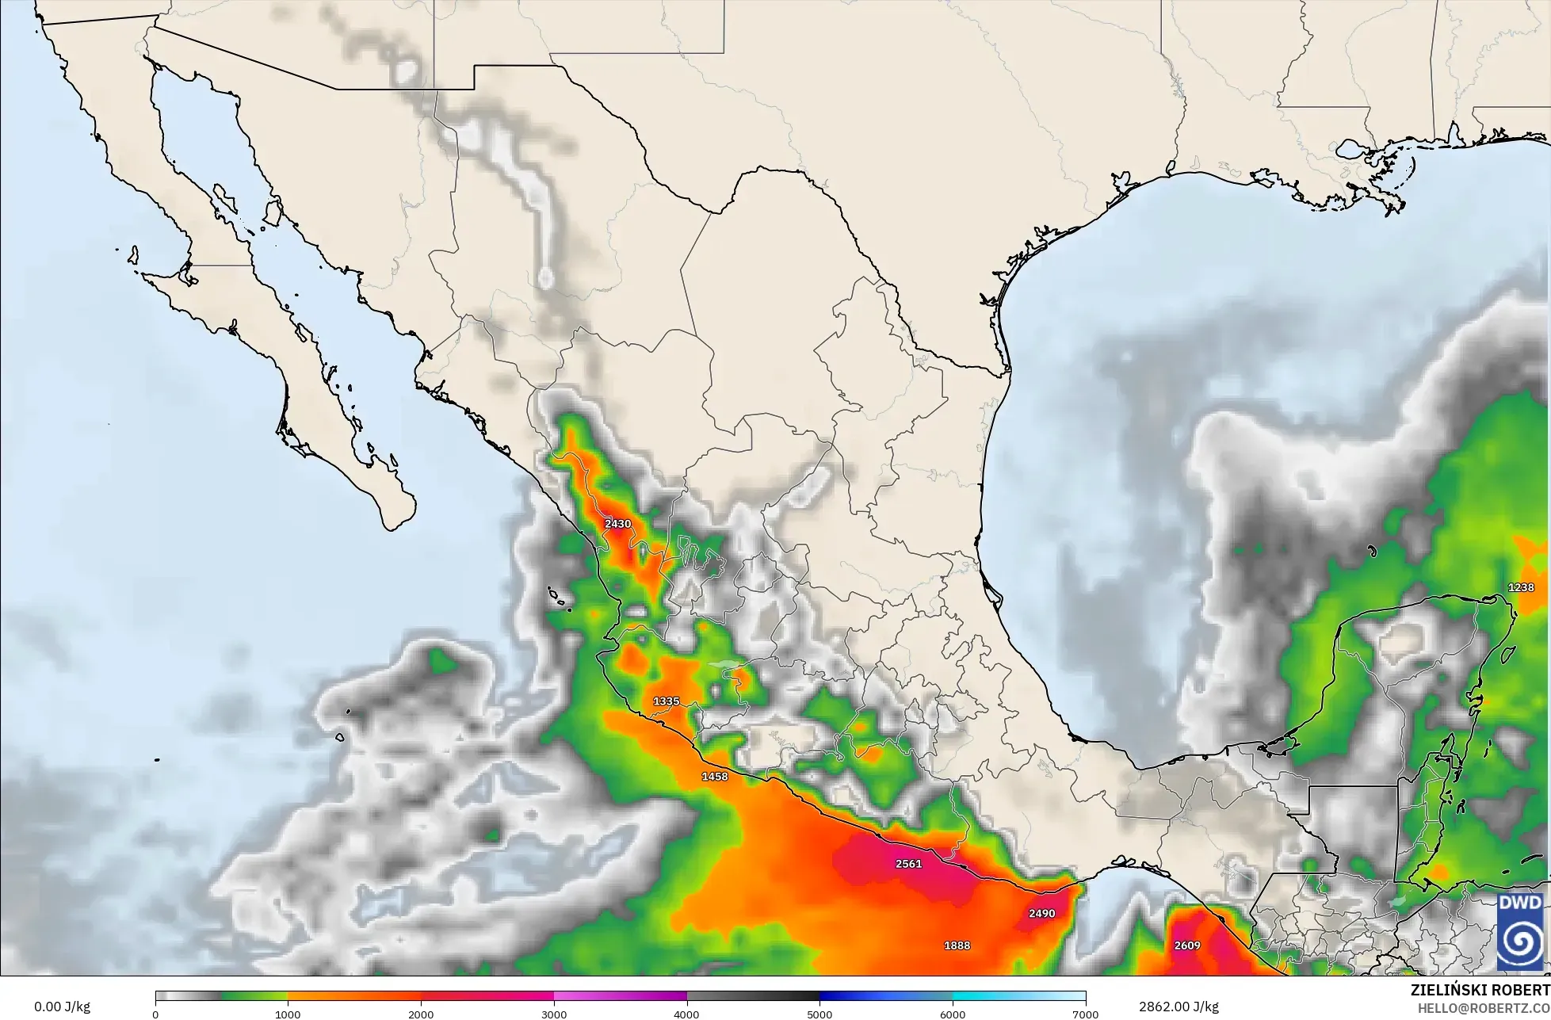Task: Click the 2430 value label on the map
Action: [x=617, y=524]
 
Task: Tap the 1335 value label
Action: [x=666, y=701]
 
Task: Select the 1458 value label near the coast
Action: [x=714, y=777]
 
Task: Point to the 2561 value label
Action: [x=908, y=864]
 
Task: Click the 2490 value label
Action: [x=1041, y=913]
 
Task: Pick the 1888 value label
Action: [x=957, y=946]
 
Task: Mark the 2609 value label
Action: [x=1187, y=946]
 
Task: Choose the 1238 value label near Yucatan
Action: [x=1521, y=587]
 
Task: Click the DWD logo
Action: [x=1519, y=932]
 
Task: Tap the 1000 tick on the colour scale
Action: [x=288, y=1014]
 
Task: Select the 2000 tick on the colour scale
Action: [x=421, y=1014]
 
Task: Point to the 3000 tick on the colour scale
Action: [x=554, y=1014]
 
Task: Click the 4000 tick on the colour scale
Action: [x=687, y=1014]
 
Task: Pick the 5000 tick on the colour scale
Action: [x=820, y=1014]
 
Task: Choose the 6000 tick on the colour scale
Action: [x=953, y=1014]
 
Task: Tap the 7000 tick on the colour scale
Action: [x=1085, y=1014]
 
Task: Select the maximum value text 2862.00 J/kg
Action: [x=1179, y=1007]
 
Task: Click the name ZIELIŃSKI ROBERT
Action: [x=1480, y=991]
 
